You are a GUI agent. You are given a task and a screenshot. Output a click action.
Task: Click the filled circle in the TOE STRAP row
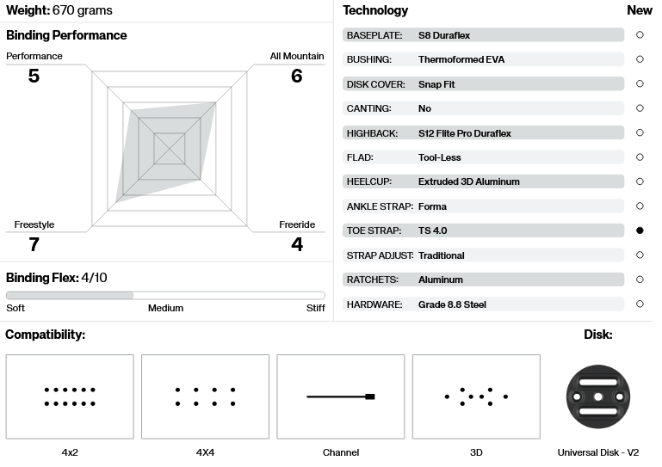click(640, 230)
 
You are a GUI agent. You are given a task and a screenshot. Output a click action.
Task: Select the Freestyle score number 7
click(34, 244)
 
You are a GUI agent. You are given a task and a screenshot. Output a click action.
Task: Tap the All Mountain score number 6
click(297, 76)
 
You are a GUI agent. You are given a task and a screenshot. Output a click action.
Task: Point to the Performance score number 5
click(34, 76)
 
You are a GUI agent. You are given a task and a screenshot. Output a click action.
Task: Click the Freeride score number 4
click(297, 244)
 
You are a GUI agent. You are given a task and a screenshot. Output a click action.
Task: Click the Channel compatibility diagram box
click(341, 396)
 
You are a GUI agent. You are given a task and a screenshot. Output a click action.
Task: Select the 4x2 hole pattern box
click(70, 396)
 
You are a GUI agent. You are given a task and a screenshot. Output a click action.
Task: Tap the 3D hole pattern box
click(476, 396)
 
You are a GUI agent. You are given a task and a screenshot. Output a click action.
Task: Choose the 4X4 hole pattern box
click(205, 396)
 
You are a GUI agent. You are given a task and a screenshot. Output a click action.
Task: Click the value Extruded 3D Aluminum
click(468, 181)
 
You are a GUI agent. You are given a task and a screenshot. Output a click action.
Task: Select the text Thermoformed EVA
click(461, 59)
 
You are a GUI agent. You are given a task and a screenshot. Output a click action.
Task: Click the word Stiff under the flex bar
click(316, 308)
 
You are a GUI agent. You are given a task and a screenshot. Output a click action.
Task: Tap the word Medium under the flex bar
click(165, 308)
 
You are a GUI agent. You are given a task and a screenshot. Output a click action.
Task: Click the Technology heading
click(375, 10)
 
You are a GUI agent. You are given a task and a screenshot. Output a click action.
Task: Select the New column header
click(640, 10)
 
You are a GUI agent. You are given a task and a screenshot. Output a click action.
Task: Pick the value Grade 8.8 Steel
click(452, 304)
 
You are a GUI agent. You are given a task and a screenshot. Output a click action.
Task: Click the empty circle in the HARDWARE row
click(640, 304)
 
